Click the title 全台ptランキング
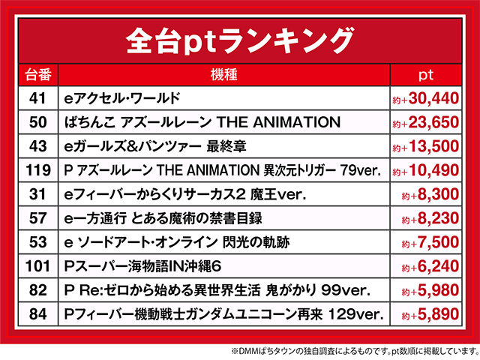tap(240, 41)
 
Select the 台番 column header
tap(38, 75)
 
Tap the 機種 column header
tap(223, 75)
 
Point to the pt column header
tap(426, 75)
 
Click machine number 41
tap(37, 98)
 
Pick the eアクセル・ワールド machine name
tap(121, 98)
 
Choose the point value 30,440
tap(425, 98)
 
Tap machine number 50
tap(37, 122)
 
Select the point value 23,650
tap(425, 122)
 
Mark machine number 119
tap(38, 170)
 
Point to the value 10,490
tap(425, 170)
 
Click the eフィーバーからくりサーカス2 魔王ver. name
tap(185, 194)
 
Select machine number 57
tap(37, 218)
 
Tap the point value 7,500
tap(430, 242)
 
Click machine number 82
tap(37, 290)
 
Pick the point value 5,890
tap(430, 314)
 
